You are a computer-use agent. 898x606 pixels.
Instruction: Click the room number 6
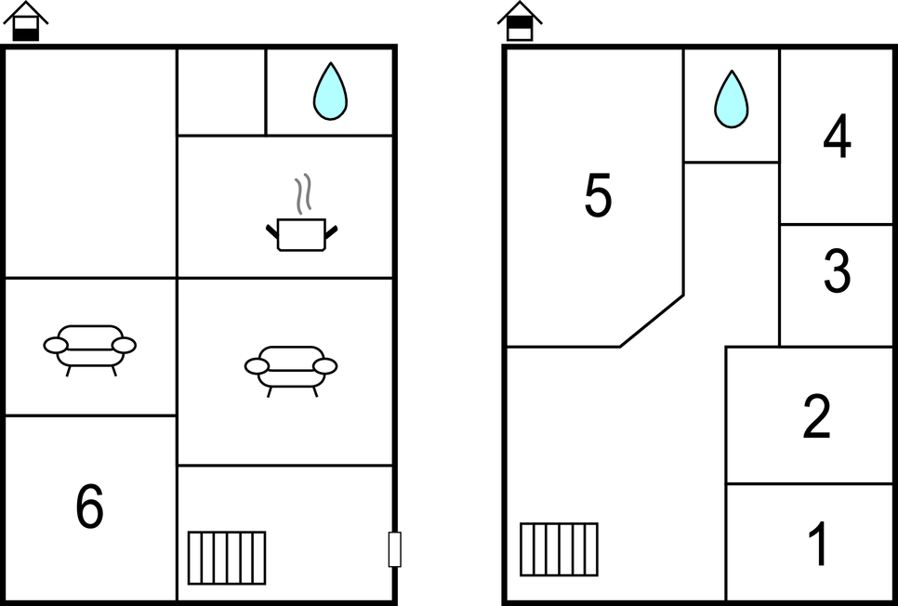click(90, 506)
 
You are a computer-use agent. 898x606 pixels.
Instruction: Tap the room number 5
click(598, 195)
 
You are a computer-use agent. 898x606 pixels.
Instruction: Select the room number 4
click(837, 136)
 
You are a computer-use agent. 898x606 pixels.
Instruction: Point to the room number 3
click(838, 270)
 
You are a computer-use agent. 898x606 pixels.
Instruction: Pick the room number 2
click(817, 416)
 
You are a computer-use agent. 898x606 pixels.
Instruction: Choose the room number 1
click(819, 543)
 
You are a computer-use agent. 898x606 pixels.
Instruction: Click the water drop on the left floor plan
click(330, 91)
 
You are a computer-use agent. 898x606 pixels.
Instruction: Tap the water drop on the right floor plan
click(732, 99)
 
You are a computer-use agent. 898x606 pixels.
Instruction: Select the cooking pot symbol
click(302, 234)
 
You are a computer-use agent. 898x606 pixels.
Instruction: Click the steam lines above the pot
click(304, 193)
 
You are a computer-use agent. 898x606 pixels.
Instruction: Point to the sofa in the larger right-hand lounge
click(291, 371)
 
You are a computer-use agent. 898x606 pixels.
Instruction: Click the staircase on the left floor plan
click(227, 558)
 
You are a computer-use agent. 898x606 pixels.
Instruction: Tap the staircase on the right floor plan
click(559, 549)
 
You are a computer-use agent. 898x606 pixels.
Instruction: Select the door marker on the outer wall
click(394, 549)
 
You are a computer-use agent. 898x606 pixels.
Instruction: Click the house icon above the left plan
click(26, 21)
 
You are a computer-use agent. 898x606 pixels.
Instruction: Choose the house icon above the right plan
click(520, 21)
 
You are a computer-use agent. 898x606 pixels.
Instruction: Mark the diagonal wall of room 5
click(652, 321)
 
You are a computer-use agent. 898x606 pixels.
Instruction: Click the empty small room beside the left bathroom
click(221, 92)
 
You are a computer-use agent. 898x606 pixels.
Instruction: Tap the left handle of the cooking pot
click(272, 231)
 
